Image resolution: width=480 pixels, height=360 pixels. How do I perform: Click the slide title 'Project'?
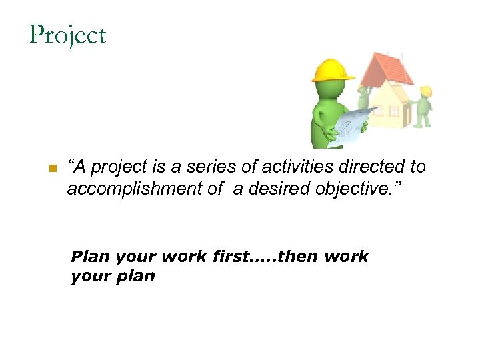coord(67,35)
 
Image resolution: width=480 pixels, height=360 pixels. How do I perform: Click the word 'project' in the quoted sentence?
coord(117,167)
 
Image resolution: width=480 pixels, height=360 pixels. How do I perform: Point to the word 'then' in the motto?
coord(295,257)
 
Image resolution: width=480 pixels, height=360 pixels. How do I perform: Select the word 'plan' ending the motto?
coord(136,276)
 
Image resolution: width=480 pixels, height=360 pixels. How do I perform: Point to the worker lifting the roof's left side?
coord(363,93)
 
